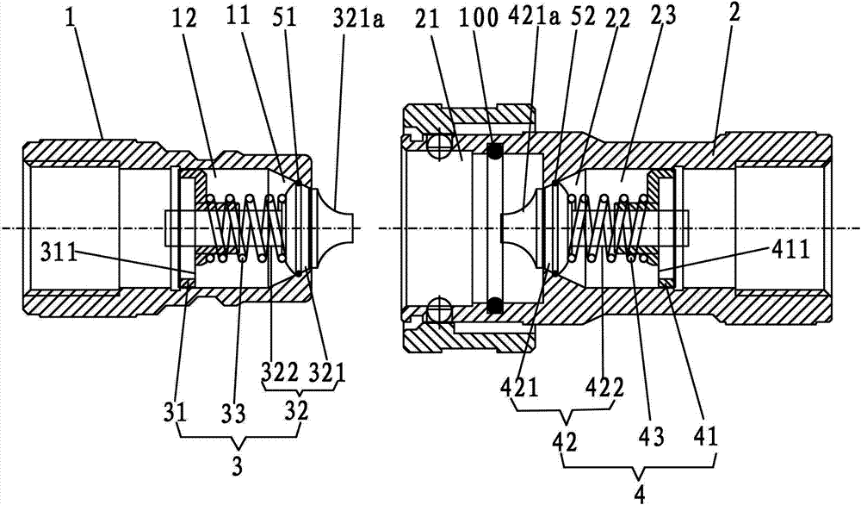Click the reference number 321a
tap(358, 20)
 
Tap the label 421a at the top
tap(533, 18)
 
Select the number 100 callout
tap(480, 18)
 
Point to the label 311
tap(59, 253)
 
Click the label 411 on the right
tap(790, 251)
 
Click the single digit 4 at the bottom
tap(639, 493)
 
